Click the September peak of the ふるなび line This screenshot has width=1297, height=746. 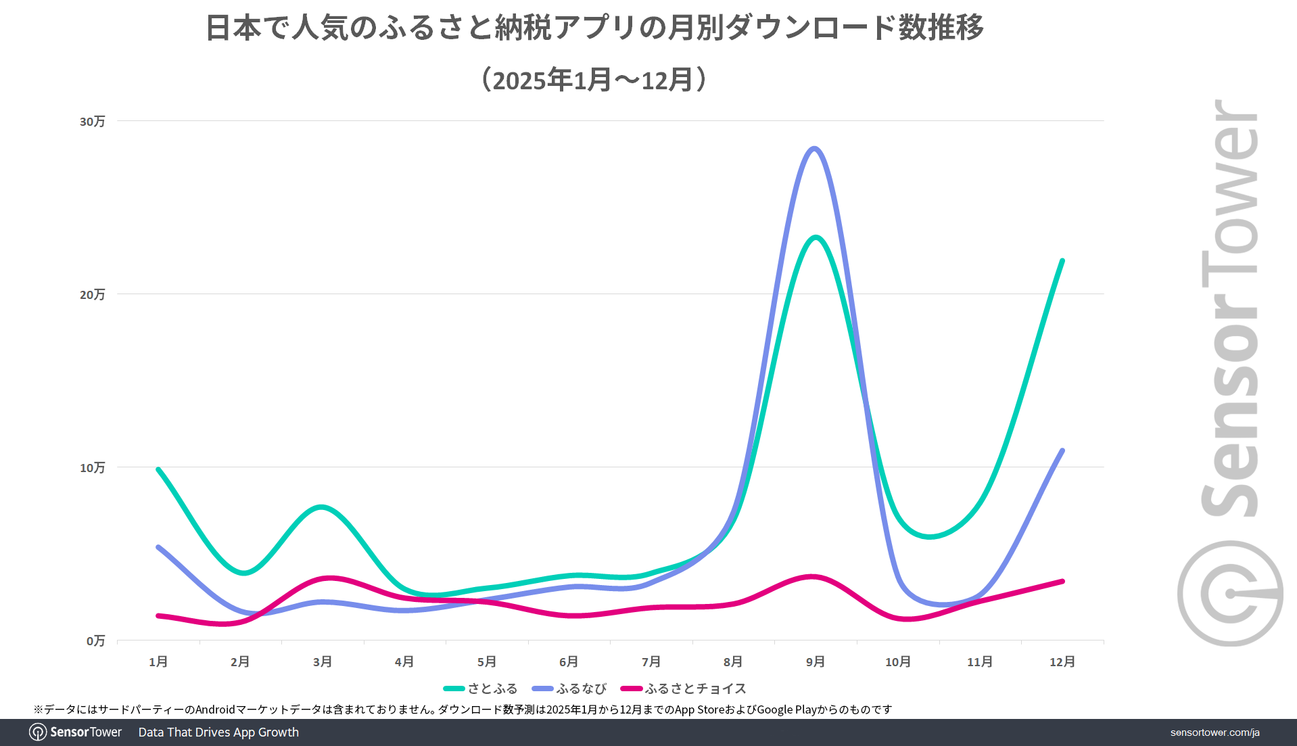click(x=814, y=149)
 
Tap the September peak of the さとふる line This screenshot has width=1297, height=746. click(x=816, y=237)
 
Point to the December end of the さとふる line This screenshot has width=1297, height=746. click(x=1062, y=261)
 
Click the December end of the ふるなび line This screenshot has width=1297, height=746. click(x=1062, y=451)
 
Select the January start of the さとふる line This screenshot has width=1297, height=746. click(x=158, y=469)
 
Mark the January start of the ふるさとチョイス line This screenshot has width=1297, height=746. click(x=158, y=615)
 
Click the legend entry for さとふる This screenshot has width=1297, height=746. click(x=481, y=689)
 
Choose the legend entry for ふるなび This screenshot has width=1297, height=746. click(x=569, y=689)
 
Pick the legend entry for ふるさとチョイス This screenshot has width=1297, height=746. click(x=684, y=689)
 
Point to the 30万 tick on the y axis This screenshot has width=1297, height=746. click(x=93, y=122)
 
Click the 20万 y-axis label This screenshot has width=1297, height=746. click(x=93, y=295)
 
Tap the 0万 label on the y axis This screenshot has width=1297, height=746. click(x=96, y=641)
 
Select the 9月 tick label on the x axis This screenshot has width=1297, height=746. click(x=816, y=661)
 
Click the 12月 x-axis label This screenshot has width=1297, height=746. click(x=1062, y=661)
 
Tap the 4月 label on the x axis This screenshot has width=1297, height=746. click(x=404, y=661)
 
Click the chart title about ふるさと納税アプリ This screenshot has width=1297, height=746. click(x=594, y=28)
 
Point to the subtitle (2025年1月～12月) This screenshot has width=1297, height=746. click(x=594, y=80)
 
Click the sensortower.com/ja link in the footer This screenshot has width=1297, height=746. click(x=1215, y=732)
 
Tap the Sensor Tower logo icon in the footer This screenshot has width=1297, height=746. click(x=38, y=732)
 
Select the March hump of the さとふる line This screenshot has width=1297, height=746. click(x=322, y=507)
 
